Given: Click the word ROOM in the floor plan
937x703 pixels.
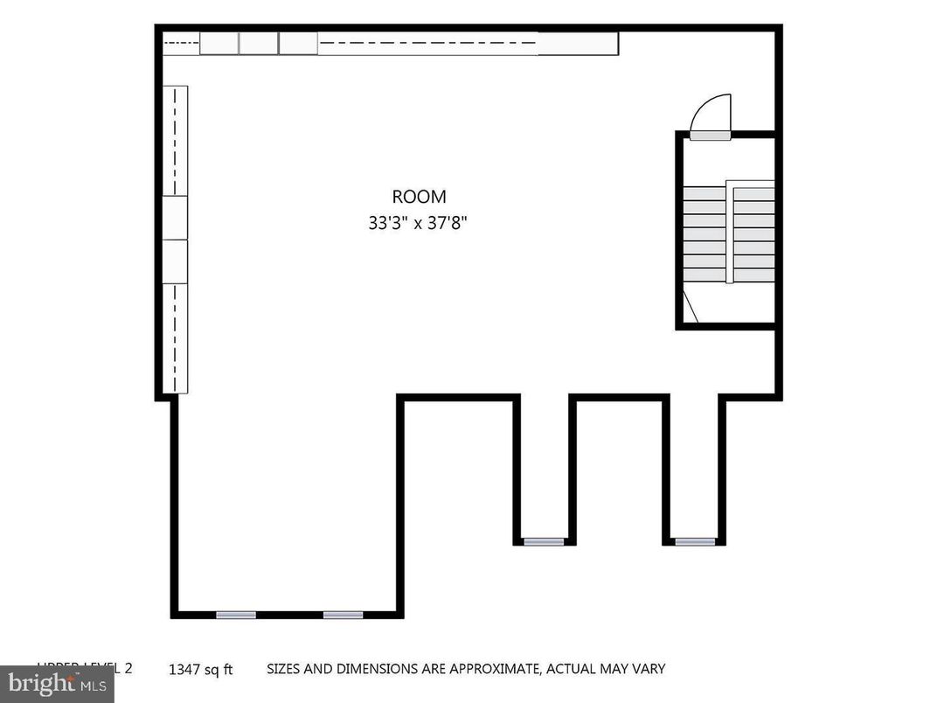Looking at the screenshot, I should (x=419, y=198).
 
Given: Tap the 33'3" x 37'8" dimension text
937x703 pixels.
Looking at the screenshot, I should (x=419, y=223).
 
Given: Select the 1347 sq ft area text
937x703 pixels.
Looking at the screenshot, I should (x=201, y=671).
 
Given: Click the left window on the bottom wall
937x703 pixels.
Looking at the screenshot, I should (x=236, y=615).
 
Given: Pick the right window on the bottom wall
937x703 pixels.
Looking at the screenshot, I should (x=343, y=615).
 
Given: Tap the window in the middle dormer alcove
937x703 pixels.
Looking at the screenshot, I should (x=544, y=542).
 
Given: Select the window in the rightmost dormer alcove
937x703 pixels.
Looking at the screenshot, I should (x=695, y=542).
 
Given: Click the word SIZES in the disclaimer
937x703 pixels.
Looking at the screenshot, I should (x=285, y=669).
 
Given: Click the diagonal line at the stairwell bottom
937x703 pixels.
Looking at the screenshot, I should (x=690, y=309).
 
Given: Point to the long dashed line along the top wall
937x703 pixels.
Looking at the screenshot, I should (x=428, y=42).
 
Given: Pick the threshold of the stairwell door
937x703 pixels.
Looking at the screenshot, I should (x=711, y=136).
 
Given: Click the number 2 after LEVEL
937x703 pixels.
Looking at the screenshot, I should (x=128, y=668).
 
